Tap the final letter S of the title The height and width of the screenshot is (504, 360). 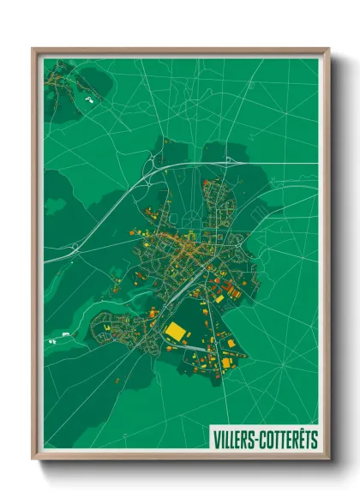pos(315,439)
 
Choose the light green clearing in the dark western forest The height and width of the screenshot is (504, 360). pos(55,207)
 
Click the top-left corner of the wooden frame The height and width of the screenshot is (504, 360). pos(33,49)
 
